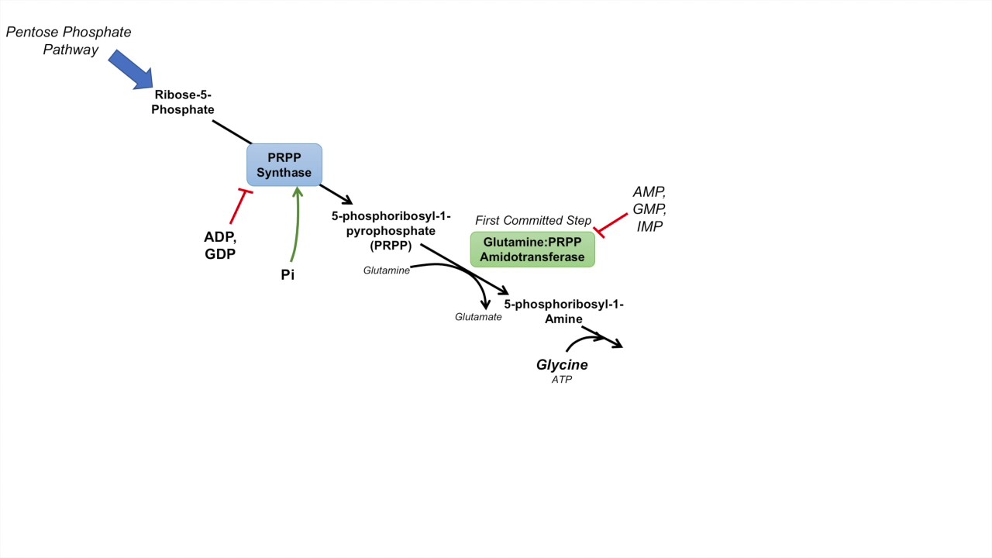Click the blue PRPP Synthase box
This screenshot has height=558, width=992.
284,165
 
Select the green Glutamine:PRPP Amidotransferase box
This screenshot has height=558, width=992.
532,250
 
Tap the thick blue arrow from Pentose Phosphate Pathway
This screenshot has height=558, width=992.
130,69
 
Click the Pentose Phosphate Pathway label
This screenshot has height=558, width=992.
69,41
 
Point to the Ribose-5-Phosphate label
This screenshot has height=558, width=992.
183,102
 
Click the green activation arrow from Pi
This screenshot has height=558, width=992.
295,225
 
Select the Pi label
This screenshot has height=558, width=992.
288,275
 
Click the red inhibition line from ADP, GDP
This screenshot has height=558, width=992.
239,206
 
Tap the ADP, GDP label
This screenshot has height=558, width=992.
220,246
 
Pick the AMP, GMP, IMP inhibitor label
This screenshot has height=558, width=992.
649,209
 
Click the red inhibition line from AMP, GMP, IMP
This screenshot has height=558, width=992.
611,223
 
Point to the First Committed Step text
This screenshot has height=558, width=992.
533,221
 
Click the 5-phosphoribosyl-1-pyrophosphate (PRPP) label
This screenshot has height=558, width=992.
384,231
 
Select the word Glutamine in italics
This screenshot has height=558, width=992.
387,270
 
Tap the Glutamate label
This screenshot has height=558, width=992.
478,317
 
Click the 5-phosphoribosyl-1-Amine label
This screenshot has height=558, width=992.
563,312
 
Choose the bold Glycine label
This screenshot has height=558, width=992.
562,364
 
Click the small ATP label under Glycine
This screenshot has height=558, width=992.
562,380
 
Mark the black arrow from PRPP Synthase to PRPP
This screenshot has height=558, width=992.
336,194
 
